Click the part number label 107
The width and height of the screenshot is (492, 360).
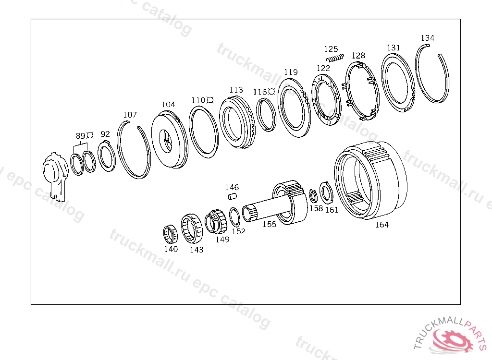pyautogui.click(x=130, y=115)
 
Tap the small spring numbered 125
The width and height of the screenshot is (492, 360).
pyautogui.click(x=335, y=58)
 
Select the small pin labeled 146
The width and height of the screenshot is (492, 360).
pyautogui.click(x=232, y=197)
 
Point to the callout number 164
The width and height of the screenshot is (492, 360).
pyautogui.click(x=382, y=225)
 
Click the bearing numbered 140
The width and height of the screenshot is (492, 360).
pyautogui.click(x=171, y=234)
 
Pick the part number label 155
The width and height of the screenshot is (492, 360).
pyautogui.click(x=270, y=224)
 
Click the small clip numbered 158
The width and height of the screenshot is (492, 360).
pyautogui.click(x=313, y=196)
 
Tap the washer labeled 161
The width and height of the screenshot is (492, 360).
pyautogui.click(x=326, y=193)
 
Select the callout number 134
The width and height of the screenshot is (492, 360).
pyautogui.click(x=427, y=38)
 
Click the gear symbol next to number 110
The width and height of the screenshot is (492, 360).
pyautogui.click(x=210, y=100)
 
